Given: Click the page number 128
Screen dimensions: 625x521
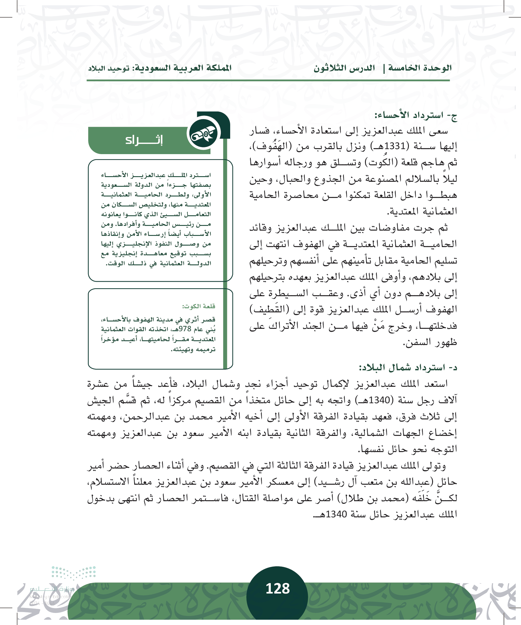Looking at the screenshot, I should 277,589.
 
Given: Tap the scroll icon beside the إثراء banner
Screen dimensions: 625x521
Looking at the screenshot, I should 204,133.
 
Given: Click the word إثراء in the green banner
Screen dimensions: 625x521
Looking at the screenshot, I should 144,140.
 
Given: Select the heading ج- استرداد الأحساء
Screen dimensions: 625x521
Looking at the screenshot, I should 416,115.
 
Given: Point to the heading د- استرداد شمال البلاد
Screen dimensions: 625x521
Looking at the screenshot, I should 408,368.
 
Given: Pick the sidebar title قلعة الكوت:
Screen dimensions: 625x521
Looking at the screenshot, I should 199,306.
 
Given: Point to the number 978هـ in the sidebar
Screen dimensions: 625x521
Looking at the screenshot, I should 185,329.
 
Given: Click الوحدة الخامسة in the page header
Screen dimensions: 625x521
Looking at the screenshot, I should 420,68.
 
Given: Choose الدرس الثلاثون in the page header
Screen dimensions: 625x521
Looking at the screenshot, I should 344,68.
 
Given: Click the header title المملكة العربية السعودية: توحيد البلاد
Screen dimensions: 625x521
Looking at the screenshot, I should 160,68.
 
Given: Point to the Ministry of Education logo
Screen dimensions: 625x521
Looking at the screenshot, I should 63,586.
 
